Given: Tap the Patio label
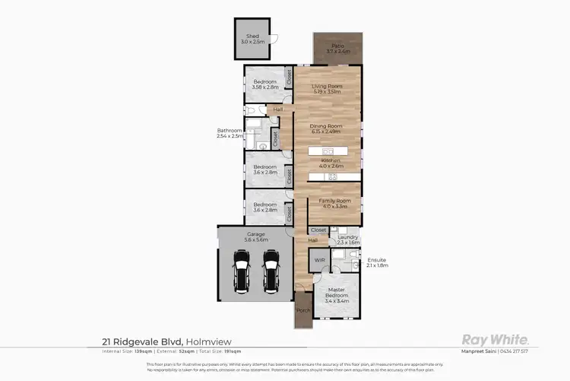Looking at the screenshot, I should [x=337, y=48].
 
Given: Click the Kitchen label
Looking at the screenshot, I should [x=331, y=161].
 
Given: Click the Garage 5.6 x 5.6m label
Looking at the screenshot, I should [x=255, y=236].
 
